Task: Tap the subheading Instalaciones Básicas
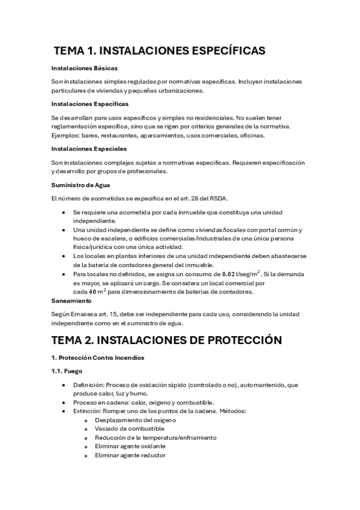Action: (84, 68)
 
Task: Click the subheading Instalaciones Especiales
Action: (89, 149)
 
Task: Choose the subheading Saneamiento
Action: (71, 301)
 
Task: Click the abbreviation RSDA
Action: (219, 198)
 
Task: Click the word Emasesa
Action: (87, 315)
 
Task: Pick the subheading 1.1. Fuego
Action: (67, 372)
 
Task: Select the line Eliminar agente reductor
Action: (130, 455)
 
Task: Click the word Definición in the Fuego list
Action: (88, 385)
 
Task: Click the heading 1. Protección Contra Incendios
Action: (99, 358)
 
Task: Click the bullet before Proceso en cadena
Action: (64, 402)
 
